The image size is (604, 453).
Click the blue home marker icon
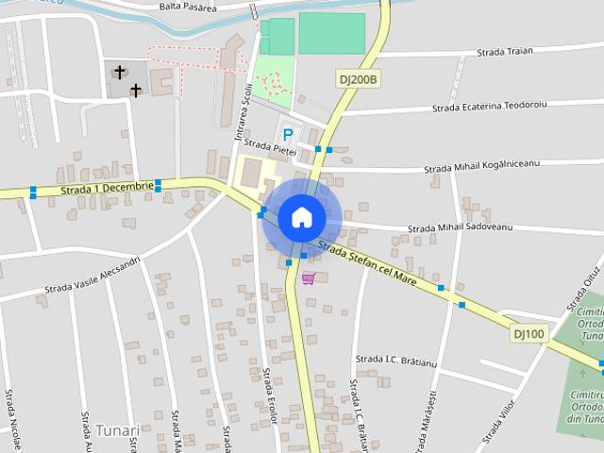[301, 217]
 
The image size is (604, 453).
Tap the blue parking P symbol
[288, 135]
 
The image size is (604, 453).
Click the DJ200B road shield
[359, 80]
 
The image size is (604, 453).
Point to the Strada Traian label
[505, 51]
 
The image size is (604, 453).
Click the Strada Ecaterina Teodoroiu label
[491, 107]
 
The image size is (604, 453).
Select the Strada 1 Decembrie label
[107, 188]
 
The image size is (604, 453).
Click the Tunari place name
[117, 430]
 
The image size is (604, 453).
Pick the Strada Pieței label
[270, 148]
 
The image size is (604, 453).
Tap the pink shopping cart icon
[309, 277]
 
